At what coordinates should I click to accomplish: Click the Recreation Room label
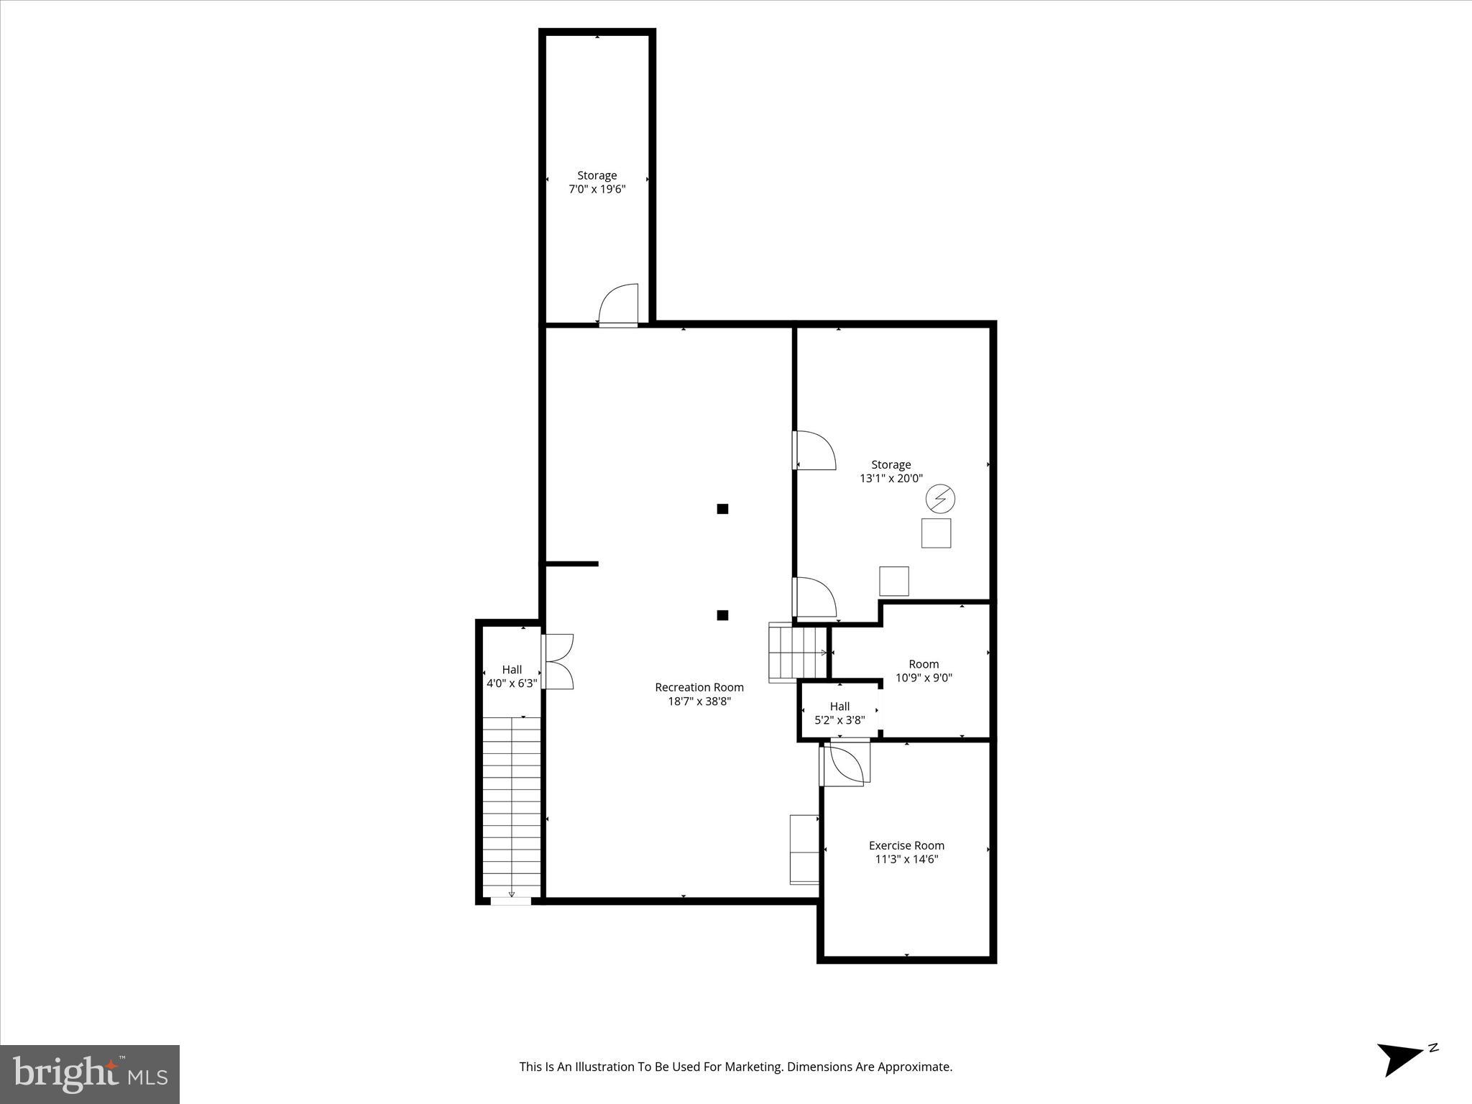[699, 687]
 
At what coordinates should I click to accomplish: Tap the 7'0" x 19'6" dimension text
[597, 189]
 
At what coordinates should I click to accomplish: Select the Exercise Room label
[906, 845]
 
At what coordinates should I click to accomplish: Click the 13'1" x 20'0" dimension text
[891, 478]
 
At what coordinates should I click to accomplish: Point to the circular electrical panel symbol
[939, 498]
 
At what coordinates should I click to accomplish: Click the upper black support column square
[722, 509]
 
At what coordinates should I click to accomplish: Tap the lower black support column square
[722, 615]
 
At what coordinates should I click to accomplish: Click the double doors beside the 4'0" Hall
[558, 661]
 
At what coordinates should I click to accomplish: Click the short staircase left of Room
[797, 653]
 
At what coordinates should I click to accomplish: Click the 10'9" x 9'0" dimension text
[924, 677]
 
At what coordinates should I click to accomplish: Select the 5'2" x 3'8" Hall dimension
[839, 719]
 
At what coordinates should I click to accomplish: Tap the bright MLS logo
[90, 1074]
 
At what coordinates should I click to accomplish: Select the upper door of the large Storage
[814, 451]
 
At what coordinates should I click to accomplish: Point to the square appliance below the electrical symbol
[936, 533]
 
